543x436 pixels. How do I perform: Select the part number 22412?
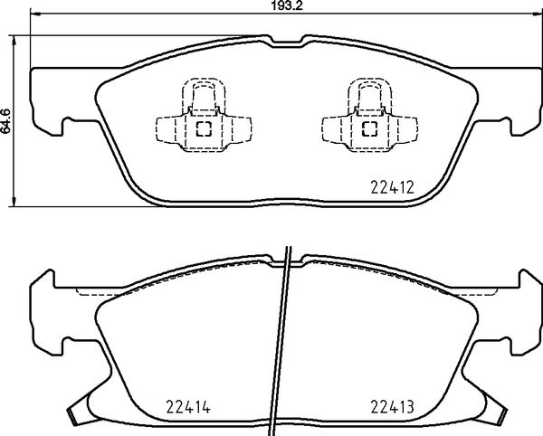coord(391,188)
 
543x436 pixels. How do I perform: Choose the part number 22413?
coord(391,406)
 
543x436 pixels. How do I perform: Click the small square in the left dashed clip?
coord(203,128)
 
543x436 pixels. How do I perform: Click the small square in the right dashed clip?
coord(369,128)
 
